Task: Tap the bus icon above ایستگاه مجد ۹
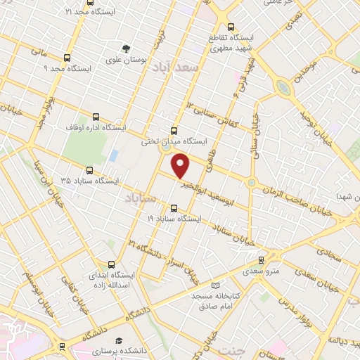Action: [67, 58]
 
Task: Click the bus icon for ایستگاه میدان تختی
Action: [174, 130]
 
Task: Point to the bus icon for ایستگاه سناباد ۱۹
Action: [174, 207]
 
